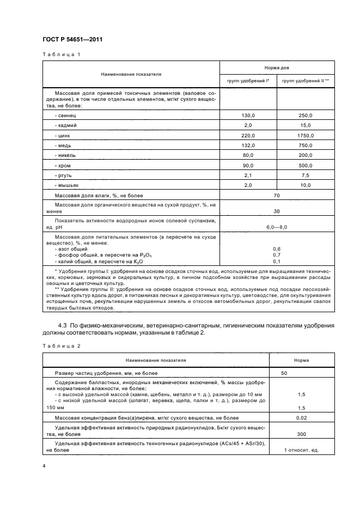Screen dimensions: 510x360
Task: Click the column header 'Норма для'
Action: click(x=277, y=68)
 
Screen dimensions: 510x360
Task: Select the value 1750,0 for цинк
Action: click(x=305, y=136)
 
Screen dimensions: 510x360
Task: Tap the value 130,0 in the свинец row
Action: click(x=248, y=116)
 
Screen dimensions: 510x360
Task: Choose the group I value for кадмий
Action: click(x=248, y=125)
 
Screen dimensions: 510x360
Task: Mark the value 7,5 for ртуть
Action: click(x=305, y=176)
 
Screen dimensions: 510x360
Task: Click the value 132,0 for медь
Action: click(x=248, y=145)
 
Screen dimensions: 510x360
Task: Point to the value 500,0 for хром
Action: click(x=305, y=166)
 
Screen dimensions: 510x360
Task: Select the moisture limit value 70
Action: click(x=277, y=196)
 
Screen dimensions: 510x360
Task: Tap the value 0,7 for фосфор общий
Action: click(x=277, y=254)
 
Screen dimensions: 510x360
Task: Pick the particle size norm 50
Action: click(x=284, y=373)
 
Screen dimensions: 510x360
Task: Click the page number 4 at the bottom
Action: click(x=44, y=466)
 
